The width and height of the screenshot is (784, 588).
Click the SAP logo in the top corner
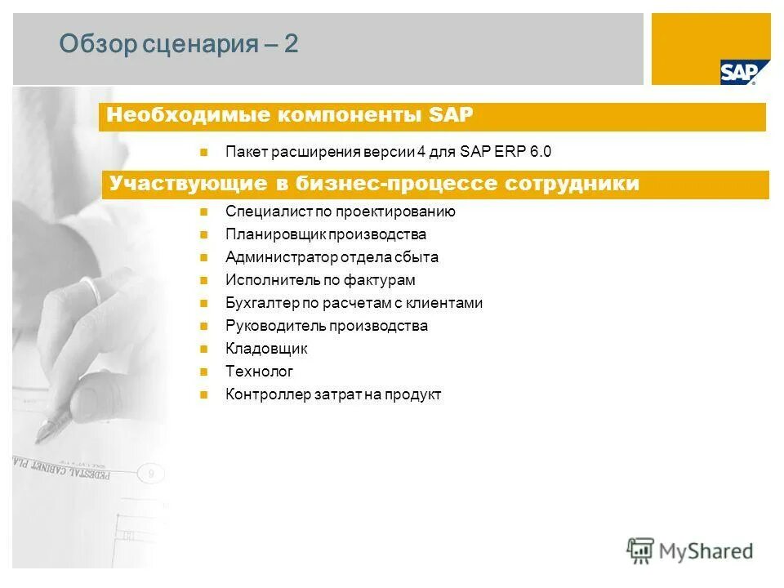[737, 72]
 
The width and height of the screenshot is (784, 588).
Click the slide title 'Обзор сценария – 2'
[179, 44]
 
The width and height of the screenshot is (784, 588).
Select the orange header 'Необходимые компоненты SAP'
[290, 115]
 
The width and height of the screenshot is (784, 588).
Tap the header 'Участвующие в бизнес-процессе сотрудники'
[374, 184]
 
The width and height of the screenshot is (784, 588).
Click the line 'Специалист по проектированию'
[341, 212]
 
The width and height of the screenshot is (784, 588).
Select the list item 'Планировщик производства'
[326, 234]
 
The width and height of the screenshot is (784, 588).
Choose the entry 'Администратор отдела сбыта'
[332, 257]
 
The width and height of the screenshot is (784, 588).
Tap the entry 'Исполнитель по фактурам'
[320, 280]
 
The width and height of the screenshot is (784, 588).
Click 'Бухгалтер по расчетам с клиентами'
[354, 303]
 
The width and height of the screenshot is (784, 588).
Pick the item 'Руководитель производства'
[327, 326]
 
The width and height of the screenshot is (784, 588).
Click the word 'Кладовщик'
[266, 349]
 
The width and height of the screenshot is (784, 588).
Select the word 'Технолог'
[259, 372]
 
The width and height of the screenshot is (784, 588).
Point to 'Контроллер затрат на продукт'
[333, 394]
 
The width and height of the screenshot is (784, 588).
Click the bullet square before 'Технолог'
[205, 372]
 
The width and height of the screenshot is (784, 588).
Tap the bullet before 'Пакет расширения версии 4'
[205, 151]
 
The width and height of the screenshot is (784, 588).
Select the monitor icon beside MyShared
[640, 549]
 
